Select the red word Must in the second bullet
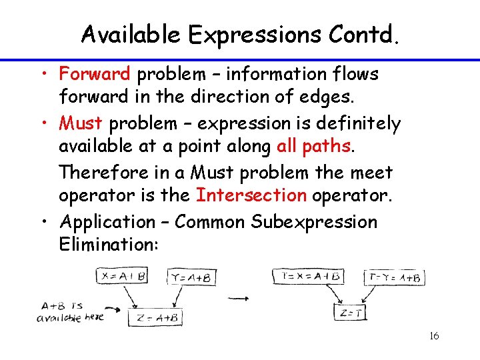[x=81, y=123]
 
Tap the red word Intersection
[x=251, y=195]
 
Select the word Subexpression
[x=314, y=221]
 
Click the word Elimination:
[x=109, y=245]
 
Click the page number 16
[x=434, y=335]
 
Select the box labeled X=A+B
[x=123, y=275]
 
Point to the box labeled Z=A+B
[x=156, y=317]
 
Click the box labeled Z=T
[x=350, y=311]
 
